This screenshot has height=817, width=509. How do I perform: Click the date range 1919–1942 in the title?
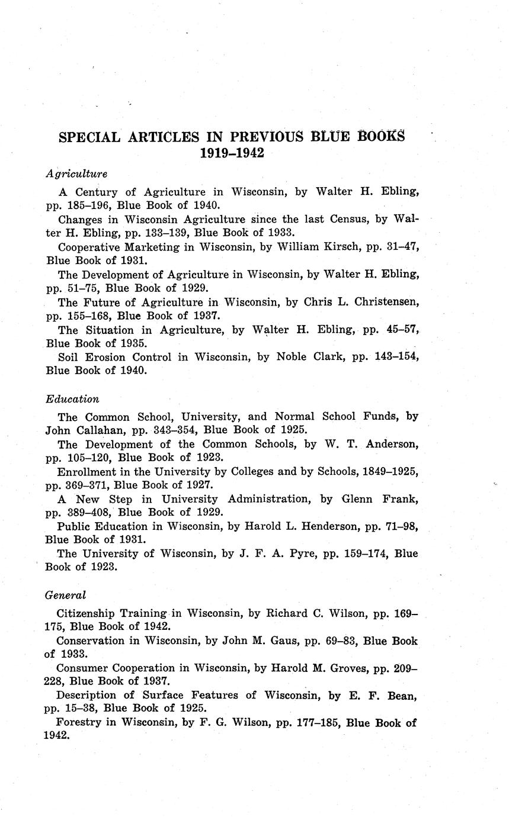coord(232,153)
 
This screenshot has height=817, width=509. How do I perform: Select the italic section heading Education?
coord(72,399)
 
